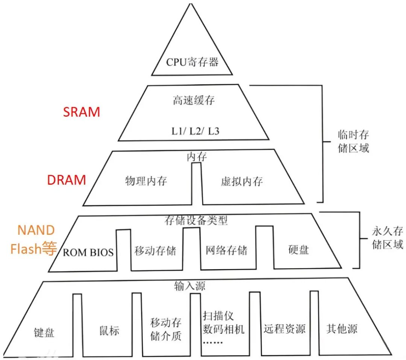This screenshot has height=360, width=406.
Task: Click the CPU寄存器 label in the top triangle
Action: [192, 62]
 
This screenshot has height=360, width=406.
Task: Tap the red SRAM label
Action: [82, 112]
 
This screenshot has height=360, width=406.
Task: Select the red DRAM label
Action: [67, 180]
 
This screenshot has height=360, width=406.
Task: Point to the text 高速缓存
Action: [194, 100]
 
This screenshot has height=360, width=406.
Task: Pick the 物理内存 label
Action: [146, 181]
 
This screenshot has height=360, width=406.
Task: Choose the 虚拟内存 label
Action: [242, 181]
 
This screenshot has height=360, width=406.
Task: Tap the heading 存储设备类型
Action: [196, 220]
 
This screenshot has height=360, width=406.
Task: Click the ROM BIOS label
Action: [88, 252]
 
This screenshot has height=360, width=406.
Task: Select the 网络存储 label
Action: [227, 250]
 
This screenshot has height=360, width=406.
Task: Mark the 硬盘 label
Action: [299, 250]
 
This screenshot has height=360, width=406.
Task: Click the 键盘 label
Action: [44, 333]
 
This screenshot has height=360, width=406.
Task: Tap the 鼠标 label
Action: [109, 331]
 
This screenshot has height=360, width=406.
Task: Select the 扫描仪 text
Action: [218, 315]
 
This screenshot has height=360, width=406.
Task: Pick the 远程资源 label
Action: [284, 330]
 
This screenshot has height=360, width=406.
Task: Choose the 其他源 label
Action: [342, 329]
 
